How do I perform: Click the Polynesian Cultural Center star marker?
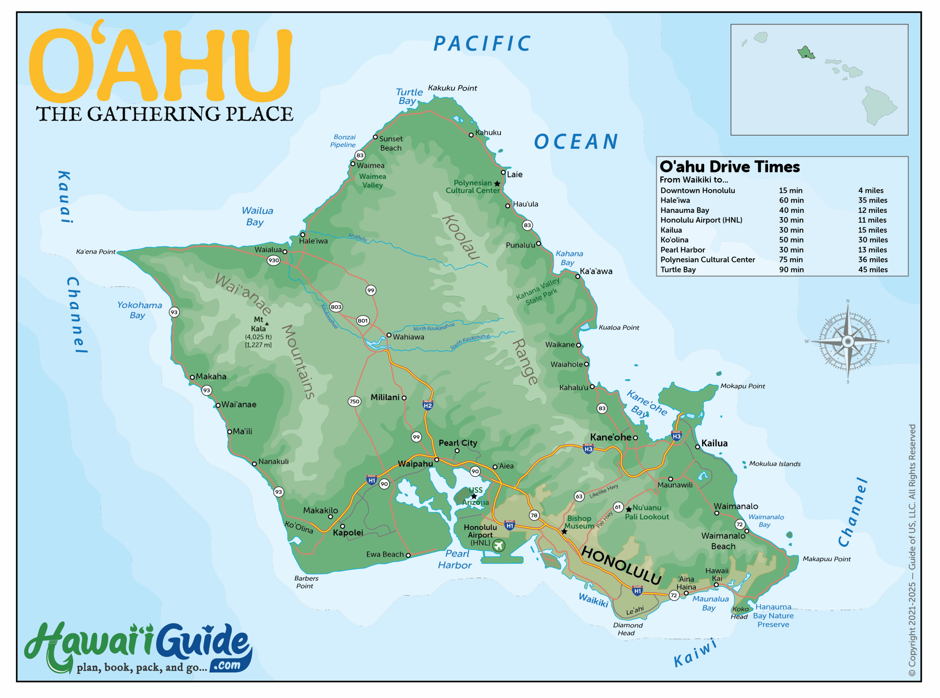pos(497,184)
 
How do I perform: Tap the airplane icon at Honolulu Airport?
pos(499,546)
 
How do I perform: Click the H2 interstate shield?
pos(427,405)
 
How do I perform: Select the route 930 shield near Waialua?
pos(274,260)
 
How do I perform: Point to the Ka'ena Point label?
pos(95,252)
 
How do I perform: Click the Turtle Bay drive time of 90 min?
pos(791,270)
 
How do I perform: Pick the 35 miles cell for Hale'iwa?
pos(872,200)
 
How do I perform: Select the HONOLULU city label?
pos(621,565)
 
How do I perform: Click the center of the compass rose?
pos(848,341)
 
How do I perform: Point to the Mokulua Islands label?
pos(774,464)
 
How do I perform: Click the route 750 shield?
pos(354,401)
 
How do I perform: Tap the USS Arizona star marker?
pos(474,496)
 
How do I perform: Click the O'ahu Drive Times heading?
pos(730,167)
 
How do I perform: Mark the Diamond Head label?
pos(628,629)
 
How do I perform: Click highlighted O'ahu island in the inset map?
pos(805,53)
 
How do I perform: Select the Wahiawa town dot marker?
pos(389,335)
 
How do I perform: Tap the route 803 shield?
pos(336,307)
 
